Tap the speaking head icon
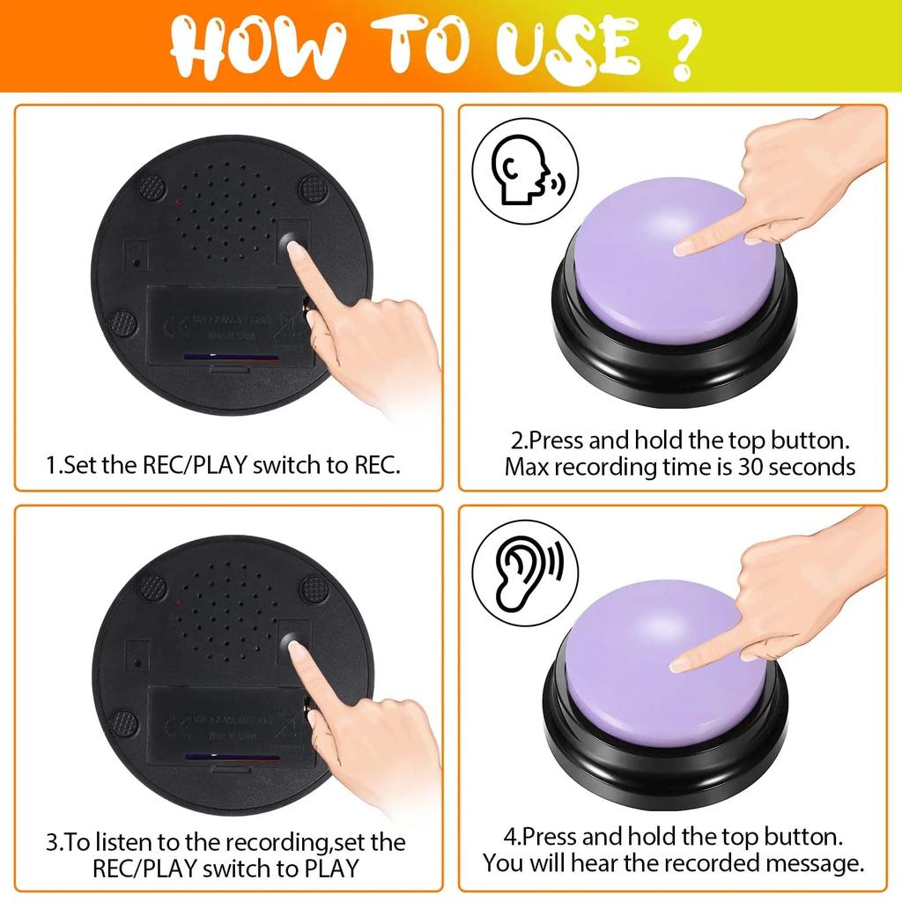pyautogui.click(x=525, y=174)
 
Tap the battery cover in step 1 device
pyautogui.click(x=229, y=330)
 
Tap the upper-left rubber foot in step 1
pyautogui.click(x=152, y=186)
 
